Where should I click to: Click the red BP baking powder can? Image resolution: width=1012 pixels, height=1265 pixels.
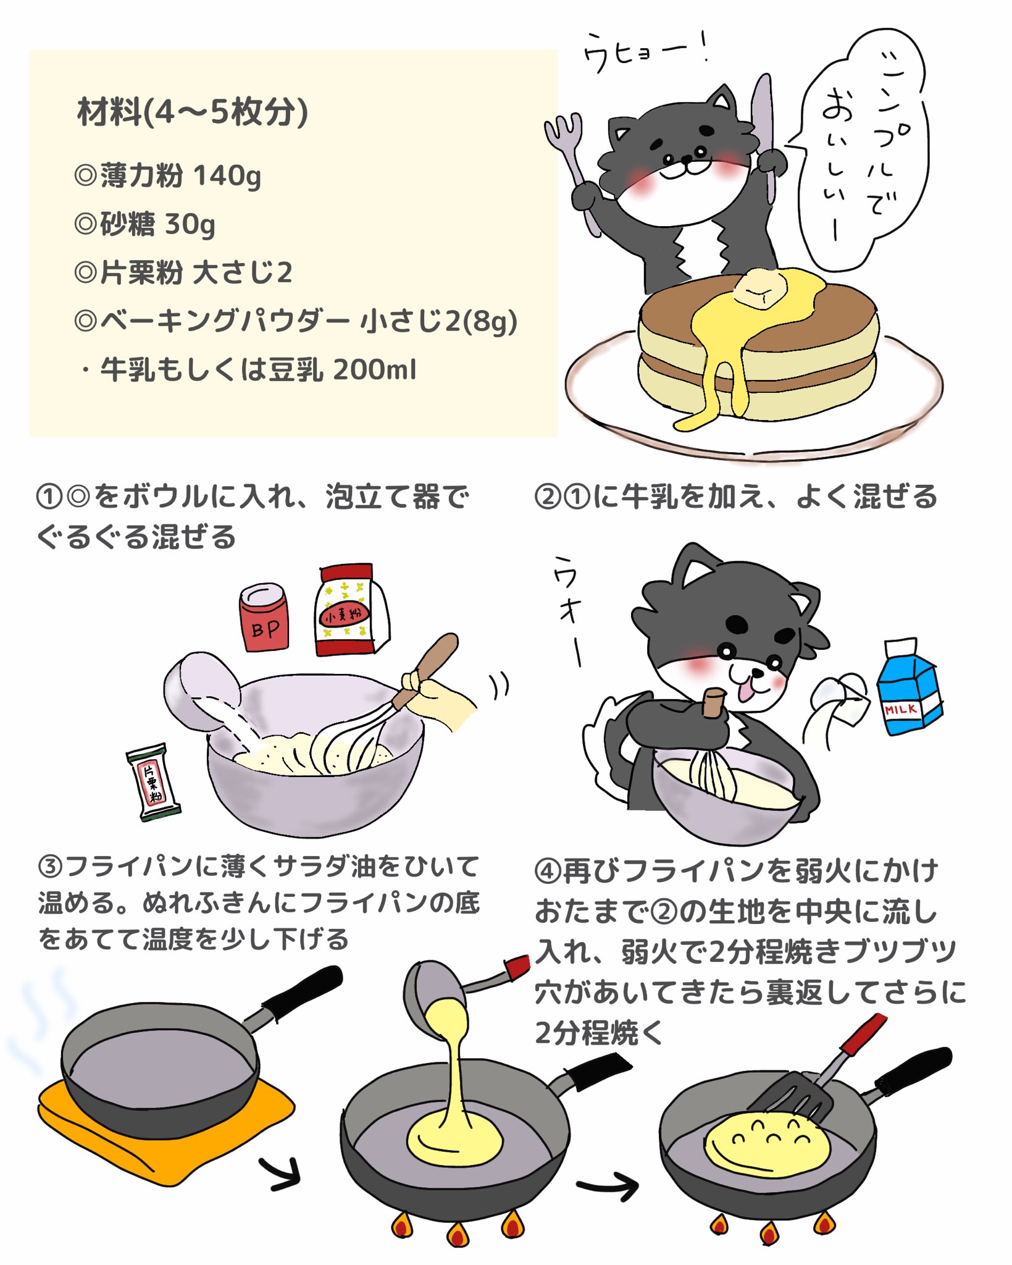264,619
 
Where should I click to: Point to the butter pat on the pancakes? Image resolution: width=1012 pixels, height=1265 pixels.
761,288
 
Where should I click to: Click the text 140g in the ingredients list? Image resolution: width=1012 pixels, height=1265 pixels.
227,176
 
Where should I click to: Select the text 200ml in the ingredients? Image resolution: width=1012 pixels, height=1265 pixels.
375,370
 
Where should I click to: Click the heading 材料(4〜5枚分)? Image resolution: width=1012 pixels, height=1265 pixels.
192,112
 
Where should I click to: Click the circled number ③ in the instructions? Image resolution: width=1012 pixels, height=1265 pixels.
50,867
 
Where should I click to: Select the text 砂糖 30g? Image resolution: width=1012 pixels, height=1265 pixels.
144,224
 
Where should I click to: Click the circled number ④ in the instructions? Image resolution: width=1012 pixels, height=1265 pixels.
548,871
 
